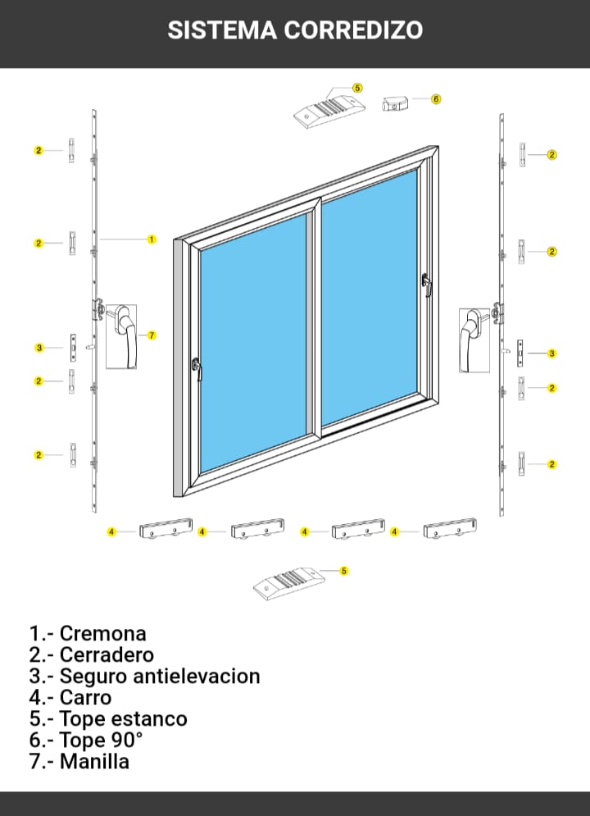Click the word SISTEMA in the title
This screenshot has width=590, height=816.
click(x=222, y=30)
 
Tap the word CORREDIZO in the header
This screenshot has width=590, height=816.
click(x=353, y=30)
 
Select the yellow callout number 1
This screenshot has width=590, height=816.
click(x=152, y=239)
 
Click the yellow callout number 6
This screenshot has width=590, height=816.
click(x=436, y=99)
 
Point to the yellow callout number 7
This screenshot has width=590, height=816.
click(x=152, y=335)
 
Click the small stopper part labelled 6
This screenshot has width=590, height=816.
click(x=395, y=103)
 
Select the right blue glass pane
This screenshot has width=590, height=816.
click(x=370, y=298)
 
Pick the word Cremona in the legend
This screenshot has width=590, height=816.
click(x=103, y=633)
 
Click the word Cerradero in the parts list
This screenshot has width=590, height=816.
click(x=107, y=654)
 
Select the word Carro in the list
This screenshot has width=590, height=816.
click(x=86, y=697)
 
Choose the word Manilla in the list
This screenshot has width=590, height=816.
click(x=94, y=761)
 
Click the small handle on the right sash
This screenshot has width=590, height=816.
click(x=427, y=285)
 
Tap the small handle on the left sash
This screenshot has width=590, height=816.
click(x=197, y=368)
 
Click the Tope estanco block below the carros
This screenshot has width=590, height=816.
click(x=289, y=583)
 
